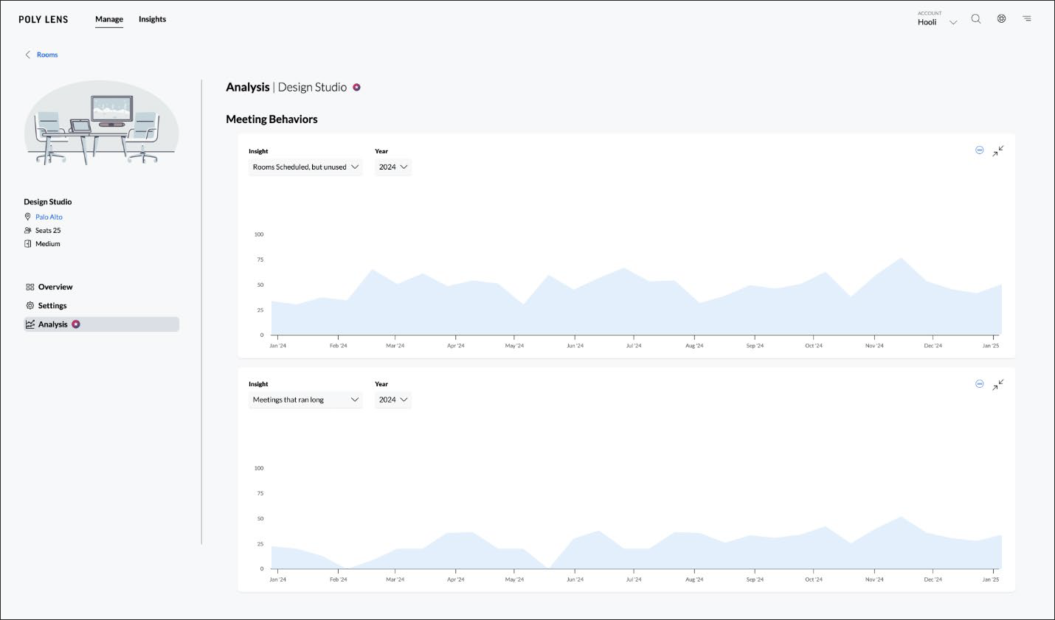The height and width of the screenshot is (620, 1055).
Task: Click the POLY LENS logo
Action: coord(44,20)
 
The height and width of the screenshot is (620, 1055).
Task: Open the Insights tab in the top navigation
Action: coord(152,19)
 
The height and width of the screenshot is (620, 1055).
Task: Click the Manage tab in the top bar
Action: coord(109,19)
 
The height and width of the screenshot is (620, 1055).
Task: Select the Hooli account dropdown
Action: coord(936,21)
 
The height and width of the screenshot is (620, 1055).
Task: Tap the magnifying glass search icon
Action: coord(976,19)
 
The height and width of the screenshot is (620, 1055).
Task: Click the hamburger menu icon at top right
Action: coord(1026,19)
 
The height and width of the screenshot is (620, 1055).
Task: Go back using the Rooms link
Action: coord(46,55)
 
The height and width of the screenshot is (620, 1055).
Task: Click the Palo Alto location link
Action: coord(49,217)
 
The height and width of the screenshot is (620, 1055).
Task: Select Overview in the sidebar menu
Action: coord(55,287)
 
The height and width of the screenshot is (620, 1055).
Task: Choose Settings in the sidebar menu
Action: coord(52,305)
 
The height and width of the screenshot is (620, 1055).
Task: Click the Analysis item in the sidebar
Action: coord(53,324)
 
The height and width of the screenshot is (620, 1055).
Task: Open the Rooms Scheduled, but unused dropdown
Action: coord(305,167)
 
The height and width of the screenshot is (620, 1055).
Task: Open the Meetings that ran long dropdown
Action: coord(305,400)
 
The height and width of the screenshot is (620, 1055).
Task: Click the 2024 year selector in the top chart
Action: coord(392,167)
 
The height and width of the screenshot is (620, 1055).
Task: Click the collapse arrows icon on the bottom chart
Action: coord(997,385)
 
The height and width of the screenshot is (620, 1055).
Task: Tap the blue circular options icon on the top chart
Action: coord(979,150)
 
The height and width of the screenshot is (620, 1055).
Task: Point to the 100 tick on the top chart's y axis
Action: coord(259,234)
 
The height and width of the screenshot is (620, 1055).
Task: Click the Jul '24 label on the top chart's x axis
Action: coord(634,346)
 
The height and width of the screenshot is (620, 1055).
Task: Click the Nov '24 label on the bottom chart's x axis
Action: coord(874,579)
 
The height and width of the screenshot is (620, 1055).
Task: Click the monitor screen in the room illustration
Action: coord(111,109)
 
